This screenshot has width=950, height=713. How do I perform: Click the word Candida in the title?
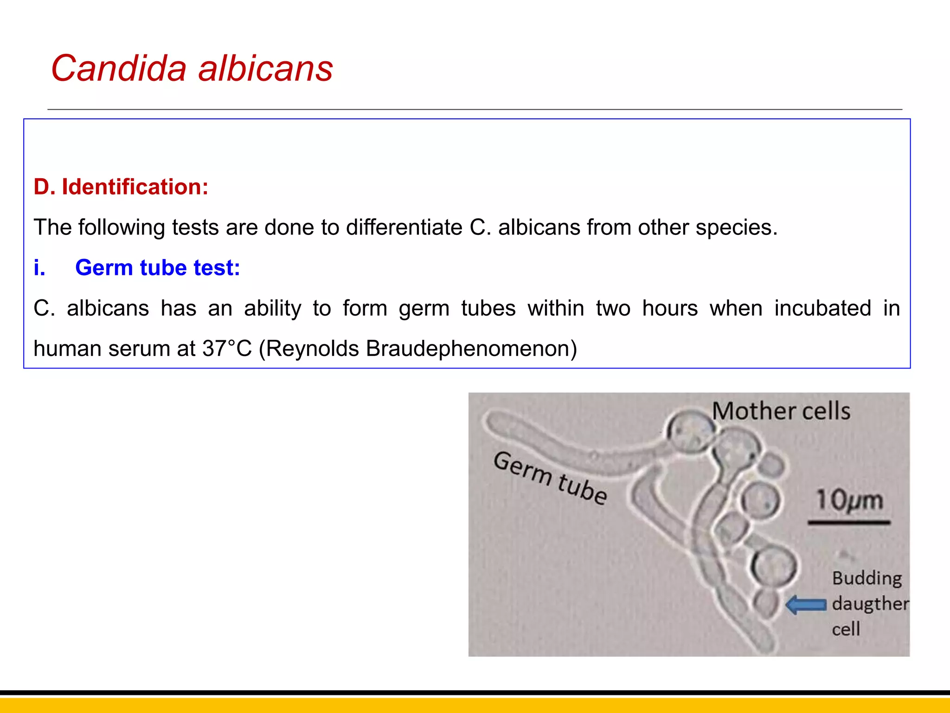coord(119,68)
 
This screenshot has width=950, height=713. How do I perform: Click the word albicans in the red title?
coord(265,68)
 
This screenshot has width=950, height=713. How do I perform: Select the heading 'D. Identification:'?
coord(121,187)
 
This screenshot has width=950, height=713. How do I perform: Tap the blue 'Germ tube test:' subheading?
coord(158,268)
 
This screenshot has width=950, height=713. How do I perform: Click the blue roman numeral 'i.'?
coord(40,268)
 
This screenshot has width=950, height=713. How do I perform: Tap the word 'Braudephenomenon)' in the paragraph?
coord(471,348)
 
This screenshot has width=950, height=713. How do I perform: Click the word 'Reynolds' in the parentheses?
coord(312,348)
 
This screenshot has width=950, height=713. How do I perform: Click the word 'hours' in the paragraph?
coord(670,308)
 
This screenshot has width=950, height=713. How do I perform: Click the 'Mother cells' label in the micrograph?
coord(781,411)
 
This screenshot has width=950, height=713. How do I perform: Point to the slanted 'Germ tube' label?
coord(550,478)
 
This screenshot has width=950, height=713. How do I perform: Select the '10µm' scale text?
coord(849,500)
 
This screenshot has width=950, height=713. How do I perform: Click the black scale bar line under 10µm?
coord(849,523)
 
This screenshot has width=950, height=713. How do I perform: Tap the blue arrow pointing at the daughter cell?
coord(806,605)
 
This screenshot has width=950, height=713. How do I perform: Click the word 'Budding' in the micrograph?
coord(867,578)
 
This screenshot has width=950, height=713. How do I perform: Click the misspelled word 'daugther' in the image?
coord(870,604)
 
